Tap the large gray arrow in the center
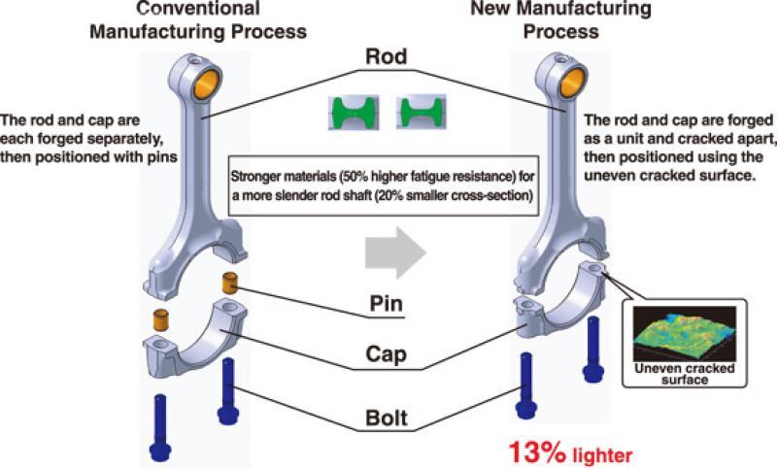click(x=394, y=251)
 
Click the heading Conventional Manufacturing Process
click(x=198, y=20)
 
